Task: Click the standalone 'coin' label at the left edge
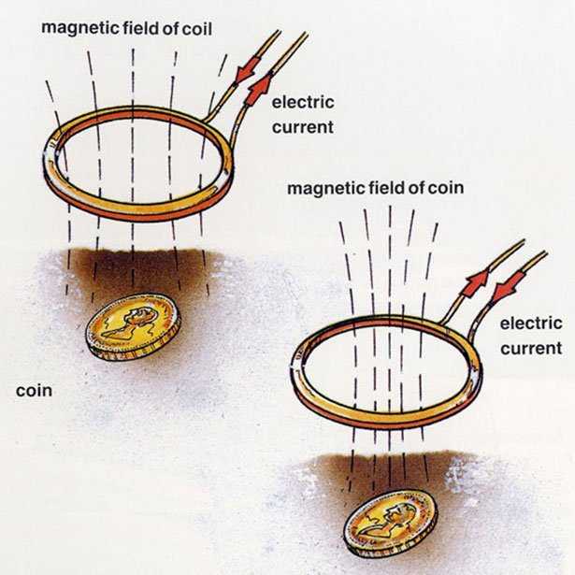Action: pos(34,391)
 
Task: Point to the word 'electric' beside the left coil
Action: pos(303,102)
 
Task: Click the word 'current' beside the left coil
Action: pos(303,127)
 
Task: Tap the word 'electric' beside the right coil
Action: pos(531,323)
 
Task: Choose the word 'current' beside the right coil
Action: pos(531,349)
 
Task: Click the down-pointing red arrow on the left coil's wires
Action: pos(245,71)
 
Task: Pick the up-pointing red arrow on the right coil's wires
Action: pos(475,282)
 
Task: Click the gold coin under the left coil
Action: pos(134,326)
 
